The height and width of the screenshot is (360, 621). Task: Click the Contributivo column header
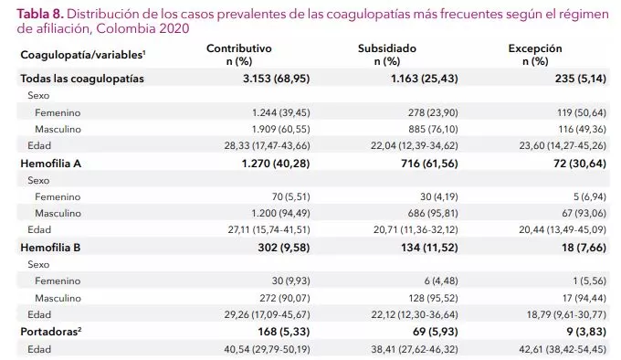click(238, 48)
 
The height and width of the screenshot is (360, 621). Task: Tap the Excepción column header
click(536, 48)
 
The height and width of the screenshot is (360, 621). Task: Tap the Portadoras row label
click(54, 331)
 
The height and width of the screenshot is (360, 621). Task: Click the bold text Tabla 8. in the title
click(40, 13)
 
